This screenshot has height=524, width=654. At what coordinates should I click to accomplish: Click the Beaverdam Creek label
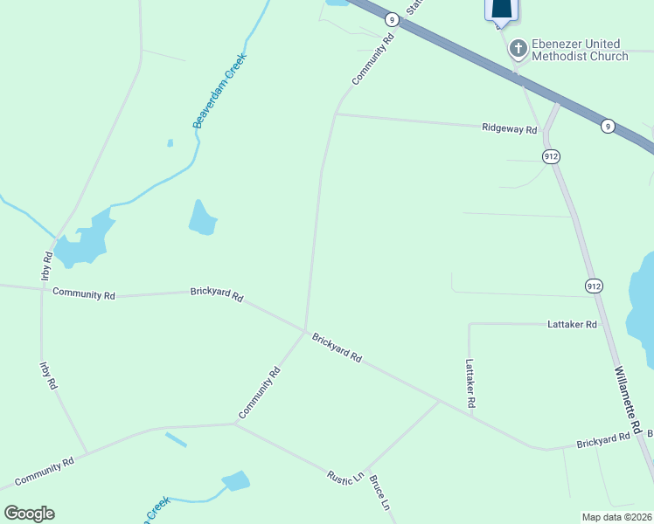point(220,91)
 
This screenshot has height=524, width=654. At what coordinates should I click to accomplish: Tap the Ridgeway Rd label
point(509,128)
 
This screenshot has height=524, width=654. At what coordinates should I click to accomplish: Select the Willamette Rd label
point(628,401)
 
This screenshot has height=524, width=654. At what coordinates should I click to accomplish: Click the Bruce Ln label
point(379,493)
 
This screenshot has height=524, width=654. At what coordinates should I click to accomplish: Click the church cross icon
point(518,49)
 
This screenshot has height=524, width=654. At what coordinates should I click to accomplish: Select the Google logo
point(29,514)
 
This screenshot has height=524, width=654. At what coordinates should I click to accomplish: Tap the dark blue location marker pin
point(501,9)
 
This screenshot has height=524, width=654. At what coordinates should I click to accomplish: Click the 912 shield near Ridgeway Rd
point(550,156)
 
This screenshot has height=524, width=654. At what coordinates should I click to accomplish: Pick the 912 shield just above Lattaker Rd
point(594,286)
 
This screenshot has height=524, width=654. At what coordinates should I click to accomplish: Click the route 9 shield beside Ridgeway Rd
point(607,127)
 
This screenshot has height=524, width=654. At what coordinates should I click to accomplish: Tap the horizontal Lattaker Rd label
point(572,324)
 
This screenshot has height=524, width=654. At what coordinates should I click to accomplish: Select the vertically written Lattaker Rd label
point(470,384)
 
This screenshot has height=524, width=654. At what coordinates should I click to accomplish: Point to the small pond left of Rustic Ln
point(235,480)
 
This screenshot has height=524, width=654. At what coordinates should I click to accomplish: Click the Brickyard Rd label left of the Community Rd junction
point(217,293)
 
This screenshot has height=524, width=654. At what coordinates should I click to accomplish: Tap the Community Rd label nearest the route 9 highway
point(373,59)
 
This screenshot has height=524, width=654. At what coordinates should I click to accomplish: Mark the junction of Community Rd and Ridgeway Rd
point(336,114)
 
